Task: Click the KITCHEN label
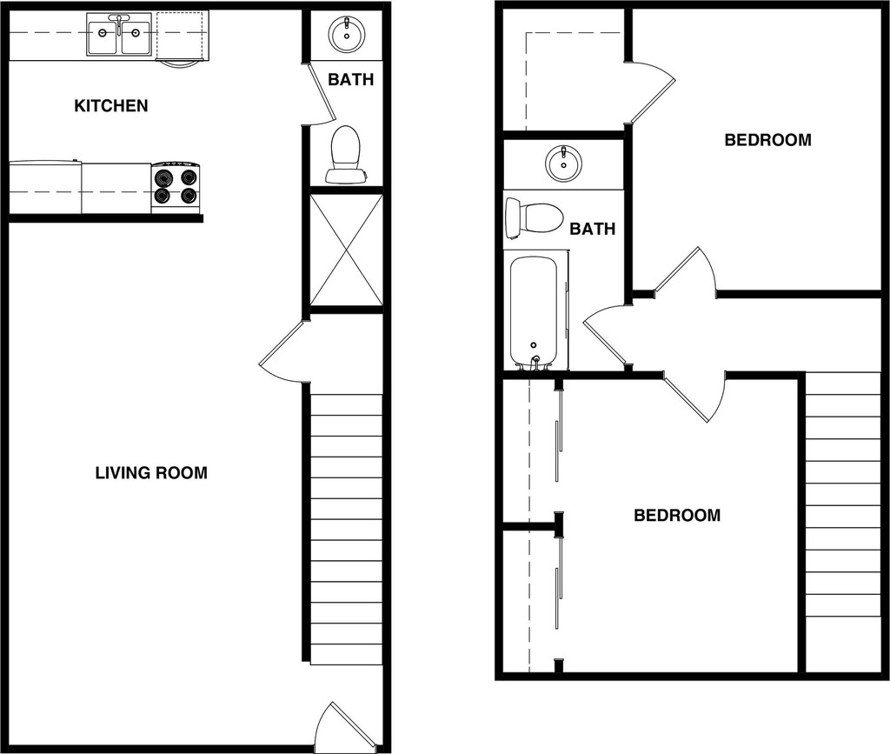111,106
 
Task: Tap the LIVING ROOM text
151,473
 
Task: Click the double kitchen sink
119,35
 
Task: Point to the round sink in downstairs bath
347,35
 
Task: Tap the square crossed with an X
346,250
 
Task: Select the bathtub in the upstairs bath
535,310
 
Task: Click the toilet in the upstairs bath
534,217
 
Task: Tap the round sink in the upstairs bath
563,163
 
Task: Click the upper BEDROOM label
767,140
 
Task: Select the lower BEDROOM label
677,516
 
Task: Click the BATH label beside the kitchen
351,80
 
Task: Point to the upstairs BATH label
593,230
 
